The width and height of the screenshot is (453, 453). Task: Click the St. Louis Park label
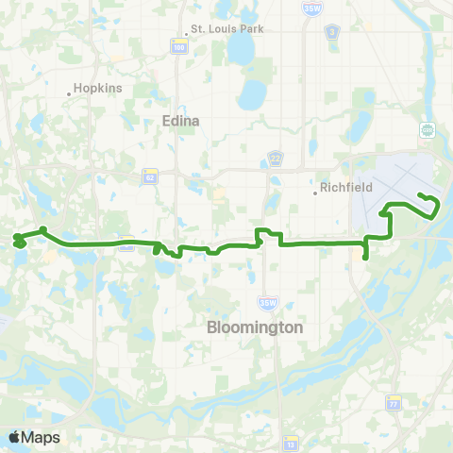[227, 28]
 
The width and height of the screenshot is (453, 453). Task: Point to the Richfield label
[349, 188]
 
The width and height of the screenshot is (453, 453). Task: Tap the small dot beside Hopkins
[71, 93]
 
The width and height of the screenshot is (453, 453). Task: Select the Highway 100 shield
[177, 44]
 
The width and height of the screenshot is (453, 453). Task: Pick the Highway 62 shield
[150, 176]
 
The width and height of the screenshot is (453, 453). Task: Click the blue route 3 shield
[331, 32]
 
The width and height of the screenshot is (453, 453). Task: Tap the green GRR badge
[427, 130]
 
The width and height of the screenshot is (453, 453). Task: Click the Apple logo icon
[14, 437]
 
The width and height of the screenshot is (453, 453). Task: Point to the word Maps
[41, 437]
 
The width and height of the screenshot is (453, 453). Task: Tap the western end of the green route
[16, 243]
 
